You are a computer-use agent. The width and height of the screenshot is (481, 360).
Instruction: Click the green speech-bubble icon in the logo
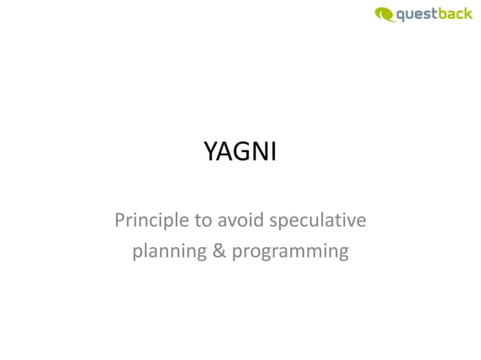click(x=384, y=14)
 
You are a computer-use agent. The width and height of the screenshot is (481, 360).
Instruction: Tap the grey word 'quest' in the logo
click(x=418, y=14)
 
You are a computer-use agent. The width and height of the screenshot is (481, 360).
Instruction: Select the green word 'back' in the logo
click(x=456, y=13)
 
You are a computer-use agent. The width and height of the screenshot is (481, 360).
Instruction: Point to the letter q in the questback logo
click(x=401, y=15)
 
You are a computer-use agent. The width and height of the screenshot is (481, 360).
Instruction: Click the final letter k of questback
click(x=468, y=13)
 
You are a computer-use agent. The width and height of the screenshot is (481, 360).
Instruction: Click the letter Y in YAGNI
click(x=210, y=153)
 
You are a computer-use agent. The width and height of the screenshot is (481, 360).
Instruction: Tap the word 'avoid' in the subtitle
click(x=240, y=221)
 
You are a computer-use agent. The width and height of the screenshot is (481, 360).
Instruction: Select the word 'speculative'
click(x=317, y=221)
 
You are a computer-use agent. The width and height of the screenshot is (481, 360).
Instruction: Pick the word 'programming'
click(x=290, y=252)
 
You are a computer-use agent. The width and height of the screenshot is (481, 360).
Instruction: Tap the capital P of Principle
click(x=120, y=221)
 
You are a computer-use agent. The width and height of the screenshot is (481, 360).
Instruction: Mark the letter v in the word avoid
click(x=231, y=222)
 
